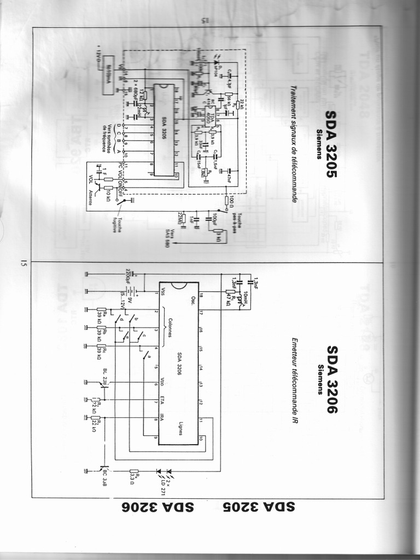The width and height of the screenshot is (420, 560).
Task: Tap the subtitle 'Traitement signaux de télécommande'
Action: click(294, 144)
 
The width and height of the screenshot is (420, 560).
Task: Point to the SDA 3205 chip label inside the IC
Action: click(164, 130)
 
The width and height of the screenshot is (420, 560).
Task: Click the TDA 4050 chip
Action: click(209, 116)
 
